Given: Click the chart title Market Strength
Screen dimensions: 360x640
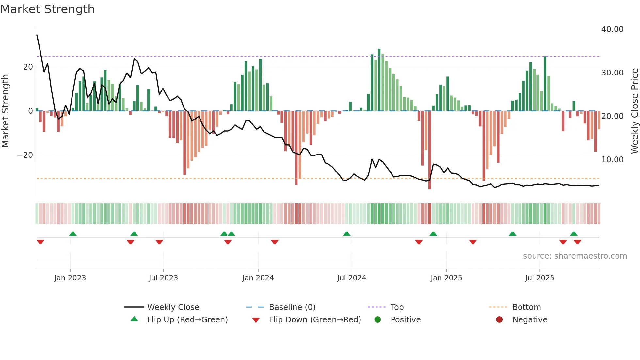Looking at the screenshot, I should click(x=48, y=9).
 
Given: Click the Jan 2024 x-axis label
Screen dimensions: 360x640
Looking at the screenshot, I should click(x=258, y=278).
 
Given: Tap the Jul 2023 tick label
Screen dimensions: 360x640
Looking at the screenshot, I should click(x=163, y=278).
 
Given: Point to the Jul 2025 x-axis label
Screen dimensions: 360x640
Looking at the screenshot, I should click(x=539, y=278).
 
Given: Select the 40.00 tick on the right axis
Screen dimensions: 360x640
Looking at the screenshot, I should click(x=612, y=29).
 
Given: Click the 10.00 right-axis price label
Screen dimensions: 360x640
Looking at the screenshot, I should click(x=612, y=160).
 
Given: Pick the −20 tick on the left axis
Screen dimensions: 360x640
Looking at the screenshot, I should click(x=25, y=155).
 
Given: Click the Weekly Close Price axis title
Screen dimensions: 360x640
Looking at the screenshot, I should click(x=634, y=111).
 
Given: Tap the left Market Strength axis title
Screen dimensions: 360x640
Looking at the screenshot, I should click(x=6, y=111).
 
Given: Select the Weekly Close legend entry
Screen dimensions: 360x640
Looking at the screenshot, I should click(x=173, y=307).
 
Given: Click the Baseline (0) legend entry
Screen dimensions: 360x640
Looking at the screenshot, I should click(x=292, y=307).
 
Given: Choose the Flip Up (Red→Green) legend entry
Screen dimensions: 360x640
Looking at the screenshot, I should click(x=187, y=320).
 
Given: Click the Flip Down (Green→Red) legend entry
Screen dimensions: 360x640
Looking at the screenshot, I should click(x=315, y=320).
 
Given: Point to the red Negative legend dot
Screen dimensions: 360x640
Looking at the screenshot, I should click(x=499, y=320).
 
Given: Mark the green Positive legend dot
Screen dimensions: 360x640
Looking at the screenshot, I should click(x=377, y=320).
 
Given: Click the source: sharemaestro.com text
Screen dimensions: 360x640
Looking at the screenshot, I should click(x=575, y=256).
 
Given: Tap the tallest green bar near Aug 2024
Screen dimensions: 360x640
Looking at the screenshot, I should click(x=379, y=80).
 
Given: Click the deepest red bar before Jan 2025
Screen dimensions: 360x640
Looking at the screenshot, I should click(x=429, y=150).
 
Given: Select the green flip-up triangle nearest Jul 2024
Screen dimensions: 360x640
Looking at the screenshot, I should click(x=346, y=234).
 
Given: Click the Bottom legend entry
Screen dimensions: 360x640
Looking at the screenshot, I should click(x=526, y=307).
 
